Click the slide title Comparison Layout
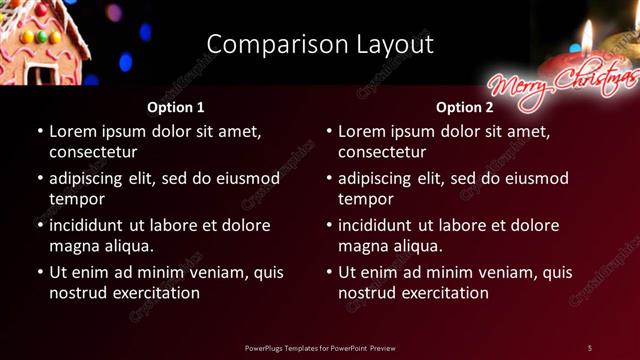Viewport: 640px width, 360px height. (320, 44)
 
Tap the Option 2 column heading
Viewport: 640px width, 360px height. (464, 107)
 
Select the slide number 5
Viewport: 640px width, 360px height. (590, 348)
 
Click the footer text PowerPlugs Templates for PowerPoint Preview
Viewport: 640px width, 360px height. (320, 348)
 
